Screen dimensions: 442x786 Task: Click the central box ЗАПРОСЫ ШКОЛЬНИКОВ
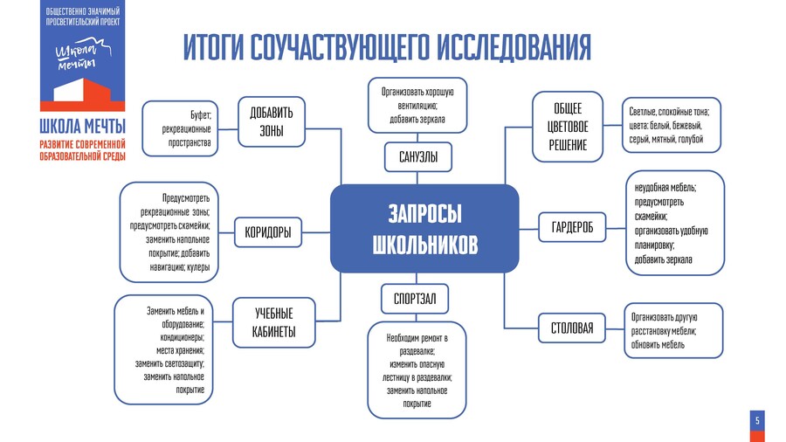[x=425, y=229]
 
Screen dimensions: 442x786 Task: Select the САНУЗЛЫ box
[x=418, y=157]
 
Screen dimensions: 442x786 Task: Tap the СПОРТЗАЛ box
[x=415, y=299]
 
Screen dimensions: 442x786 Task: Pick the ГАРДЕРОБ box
[x=572, y=228]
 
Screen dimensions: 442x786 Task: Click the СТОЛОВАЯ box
[x=572, y=328]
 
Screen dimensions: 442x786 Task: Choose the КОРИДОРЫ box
[x=268, y=232]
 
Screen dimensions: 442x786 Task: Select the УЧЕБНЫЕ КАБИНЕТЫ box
[x=274, y=322]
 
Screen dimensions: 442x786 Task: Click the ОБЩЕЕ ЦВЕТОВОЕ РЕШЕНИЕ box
[x=568, y=127]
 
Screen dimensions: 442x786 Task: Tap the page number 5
[x=757, y=422]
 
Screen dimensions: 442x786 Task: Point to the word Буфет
[x=202, y=114]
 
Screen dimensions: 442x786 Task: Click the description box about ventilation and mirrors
[x=417, y=105]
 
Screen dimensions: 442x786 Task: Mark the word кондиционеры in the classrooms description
[x=181, y=336]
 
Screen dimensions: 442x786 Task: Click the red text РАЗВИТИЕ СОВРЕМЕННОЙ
[x=82, y=143]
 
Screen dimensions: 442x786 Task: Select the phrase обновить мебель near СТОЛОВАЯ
[x=658, y=344]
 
